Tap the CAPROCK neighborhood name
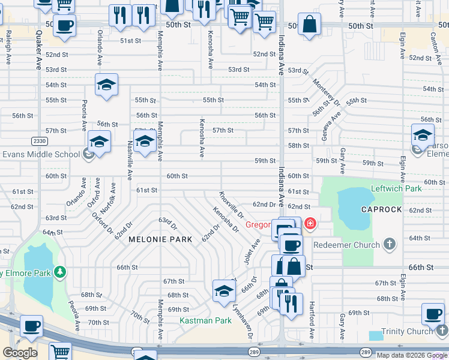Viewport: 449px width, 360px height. point(381,209)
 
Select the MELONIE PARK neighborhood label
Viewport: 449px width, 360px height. point(160,239)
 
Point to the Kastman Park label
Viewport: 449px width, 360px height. point(205,321)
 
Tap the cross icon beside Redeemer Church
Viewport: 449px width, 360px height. point(390,244)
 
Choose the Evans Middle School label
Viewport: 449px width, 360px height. point(41,154)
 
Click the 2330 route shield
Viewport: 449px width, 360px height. point(40,140)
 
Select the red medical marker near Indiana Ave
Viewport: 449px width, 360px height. point(310,224)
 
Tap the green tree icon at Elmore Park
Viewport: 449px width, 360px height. point(59,273)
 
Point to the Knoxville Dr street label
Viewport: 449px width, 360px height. point(231,205)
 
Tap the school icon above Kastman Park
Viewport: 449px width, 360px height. point(224,291)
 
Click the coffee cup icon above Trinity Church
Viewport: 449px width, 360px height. point(433,313)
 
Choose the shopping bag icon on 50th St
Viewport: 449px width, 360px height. point(309,25)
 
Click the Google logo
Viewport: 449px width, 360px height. point(20,352)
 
